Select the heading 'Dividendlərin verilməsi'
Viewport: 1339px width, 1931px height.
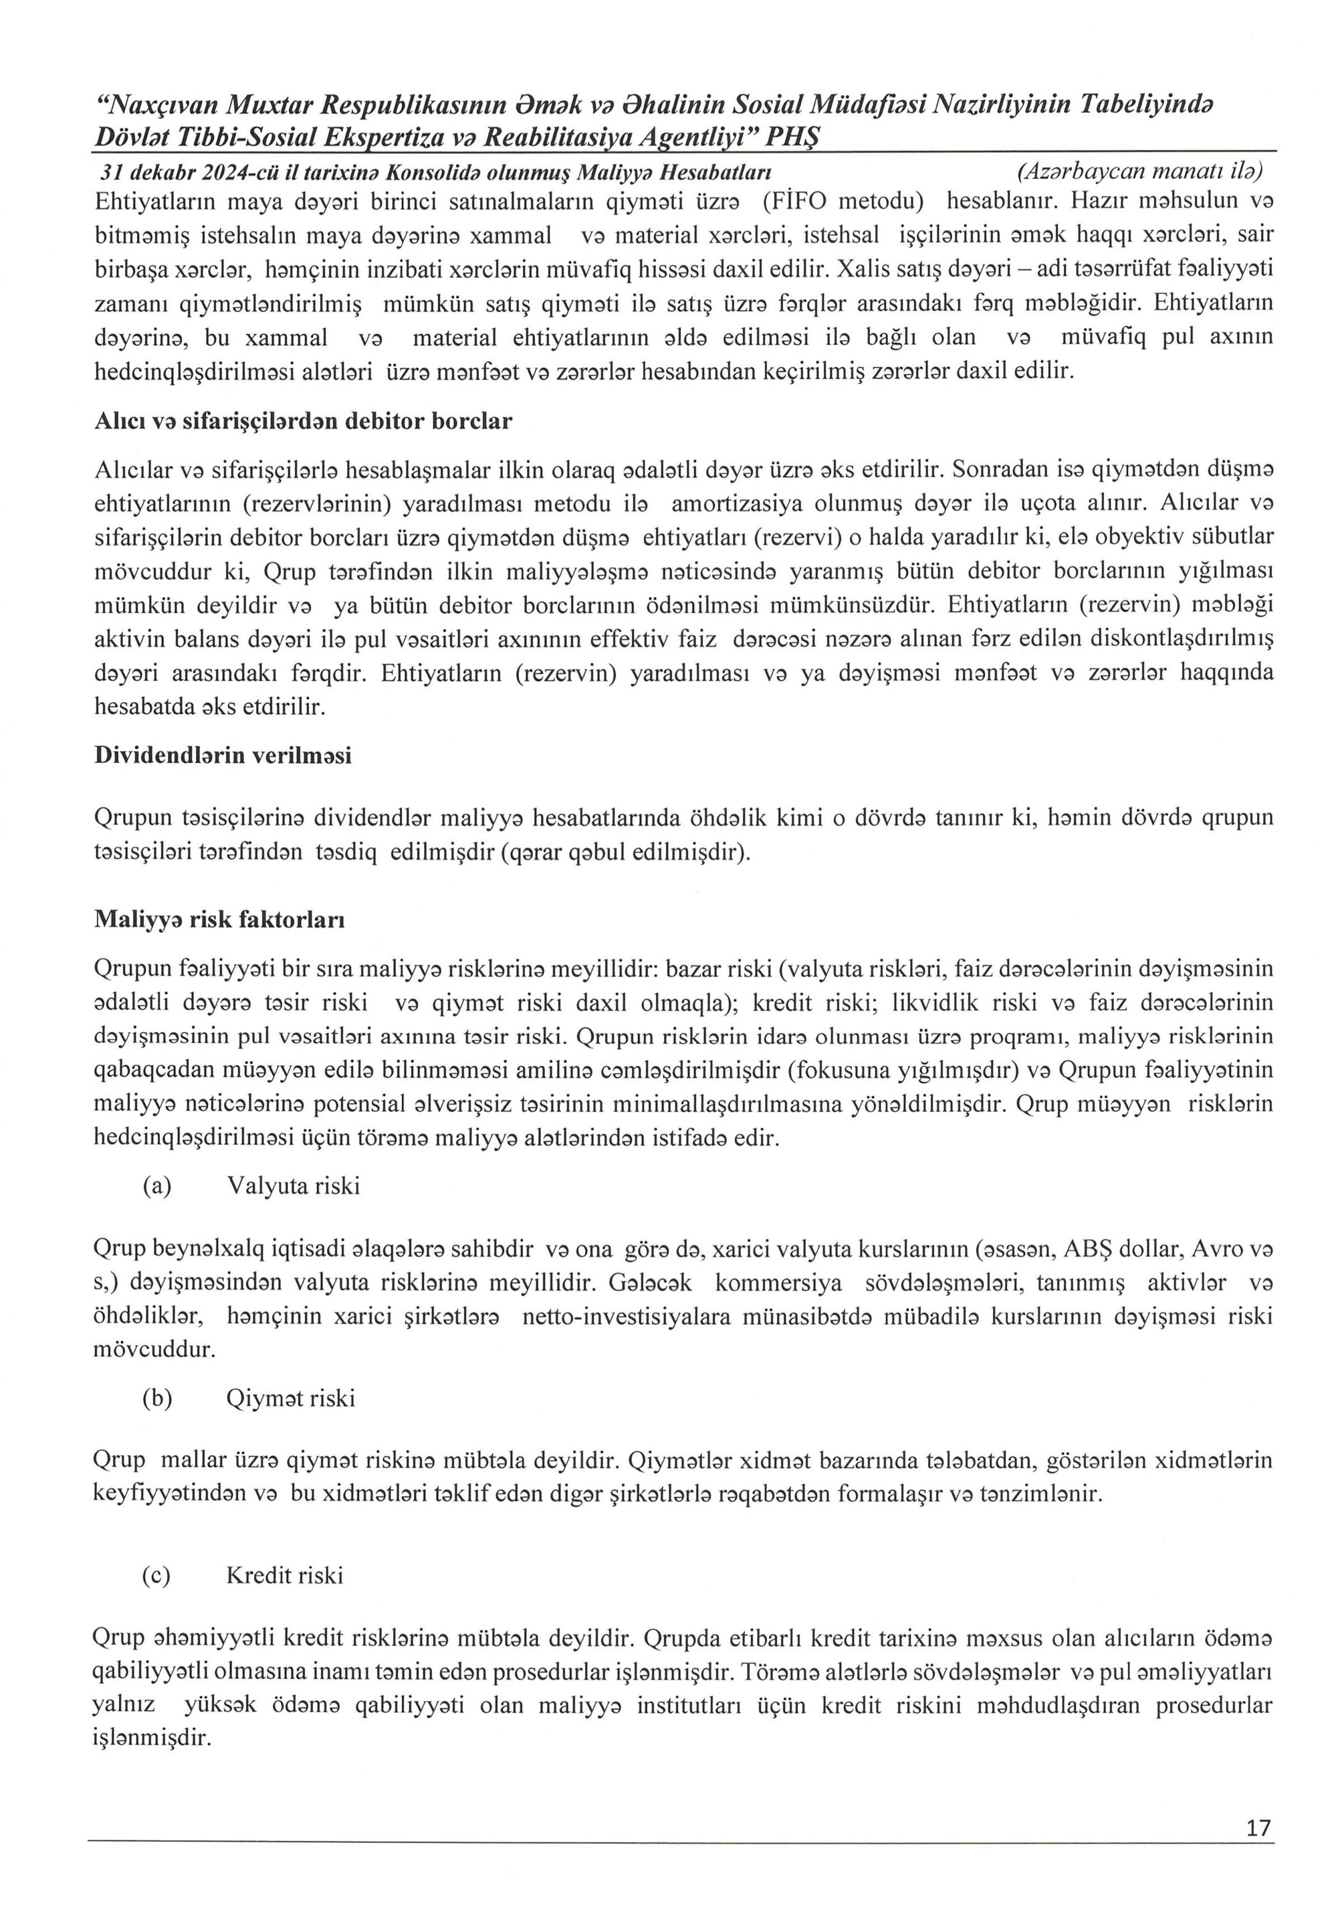click(x=223, y=755)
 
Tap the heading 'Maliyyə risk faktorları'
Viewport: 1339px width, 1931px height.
click(x=219, y=920)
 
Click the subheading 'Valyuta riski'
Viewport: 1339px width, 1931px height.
click(x=294, y=1186)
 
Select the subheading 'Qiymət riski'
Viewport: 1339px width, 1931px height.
click(x=290, y=1398)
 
